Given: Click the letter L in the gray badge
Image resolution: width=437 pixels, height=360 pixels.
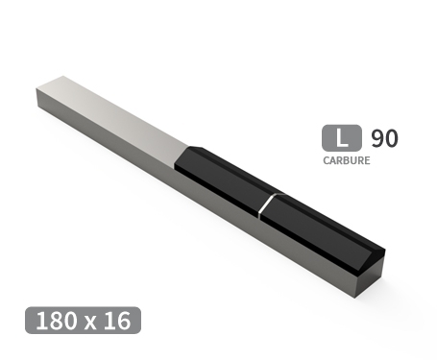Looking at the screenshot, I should point(340,137).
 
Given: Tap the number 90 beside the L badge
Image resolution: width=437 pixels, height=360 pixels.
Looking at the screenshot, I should point(384,137).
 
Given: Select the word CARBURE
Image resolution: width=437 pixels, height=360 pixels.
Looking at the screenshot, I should point(346,160).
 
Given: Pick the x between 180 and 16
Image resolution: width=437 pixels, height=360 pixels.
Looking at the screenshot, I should point(88,322).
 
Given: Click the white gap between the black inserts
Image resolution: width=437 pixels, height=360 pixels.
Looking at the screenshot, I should point(268,204).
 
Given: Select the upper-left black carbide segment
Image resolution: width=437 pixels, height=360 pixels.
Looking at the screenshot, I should point(223,178).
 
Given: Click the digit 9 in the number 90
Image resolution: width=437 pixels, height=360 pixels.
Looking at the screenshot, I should point(376,137).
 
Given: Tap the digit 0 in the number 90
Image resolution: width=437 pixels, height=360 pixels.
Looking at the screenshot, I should point(391,137).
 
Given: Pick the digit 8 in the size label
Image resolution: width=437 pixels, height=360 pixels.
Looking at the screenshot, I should point(57,321).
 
